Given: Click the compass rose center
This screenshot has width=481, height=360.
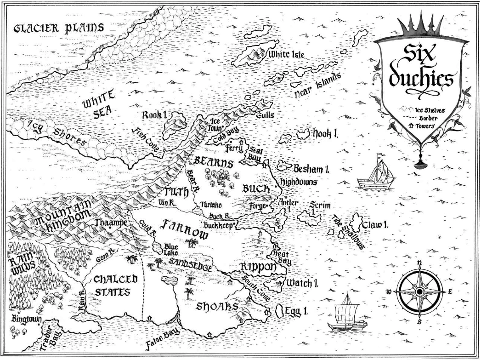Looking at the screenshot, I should (419, 292).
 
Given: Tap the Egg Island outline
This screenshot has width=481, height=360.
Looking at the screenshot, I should (278, 311).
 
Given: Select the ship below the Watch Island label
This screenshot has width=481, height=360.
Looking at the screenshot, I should (347, 316).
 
